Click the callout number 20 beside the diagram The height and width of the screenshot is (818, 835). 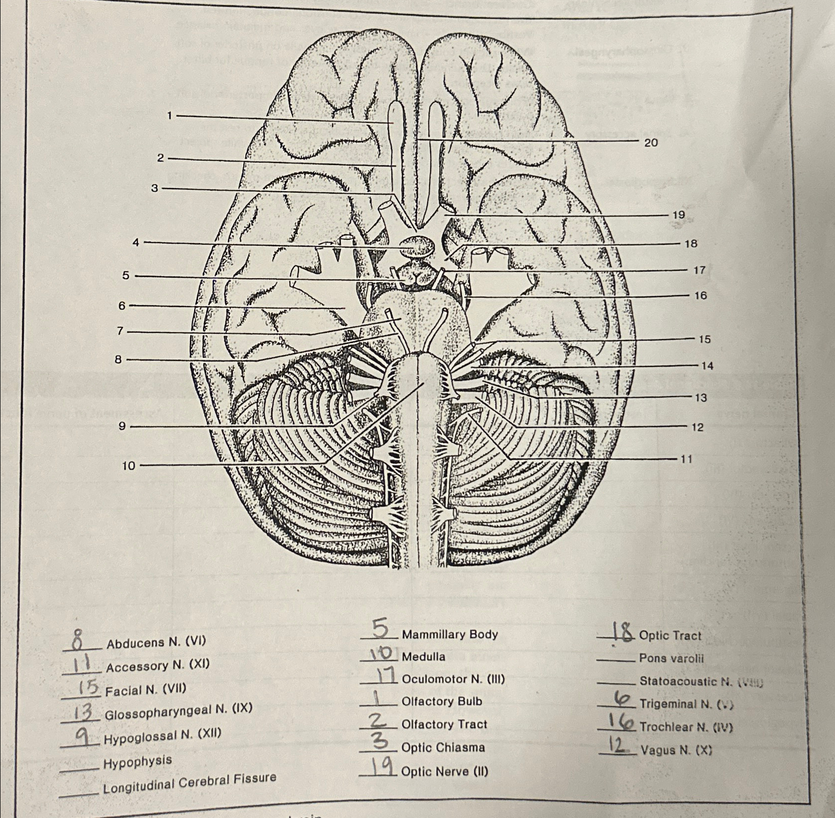(651, 143)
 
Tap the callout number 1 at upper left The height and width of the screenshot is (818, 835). (169, 116)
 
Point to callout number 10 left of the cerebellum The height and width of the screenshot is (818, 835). (128, 465)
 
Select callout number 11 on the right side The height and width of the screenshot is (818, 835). (686, 459)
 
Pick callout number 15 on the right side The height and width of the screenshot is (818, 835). (704, 339)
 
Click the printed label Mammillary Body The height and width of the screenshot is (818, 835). (449, 634)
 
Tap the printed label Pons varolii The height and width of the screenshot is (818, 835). (671, 659)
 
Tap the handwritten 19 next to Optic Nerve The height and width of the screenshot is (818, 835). (381, 768)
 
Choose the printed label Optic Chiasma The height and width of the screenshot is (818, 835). (443, 747)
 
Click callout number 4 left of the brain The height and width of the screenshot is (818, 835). (136, 242)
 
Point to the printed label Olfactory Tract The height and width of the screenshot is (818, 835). (445, 724)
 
